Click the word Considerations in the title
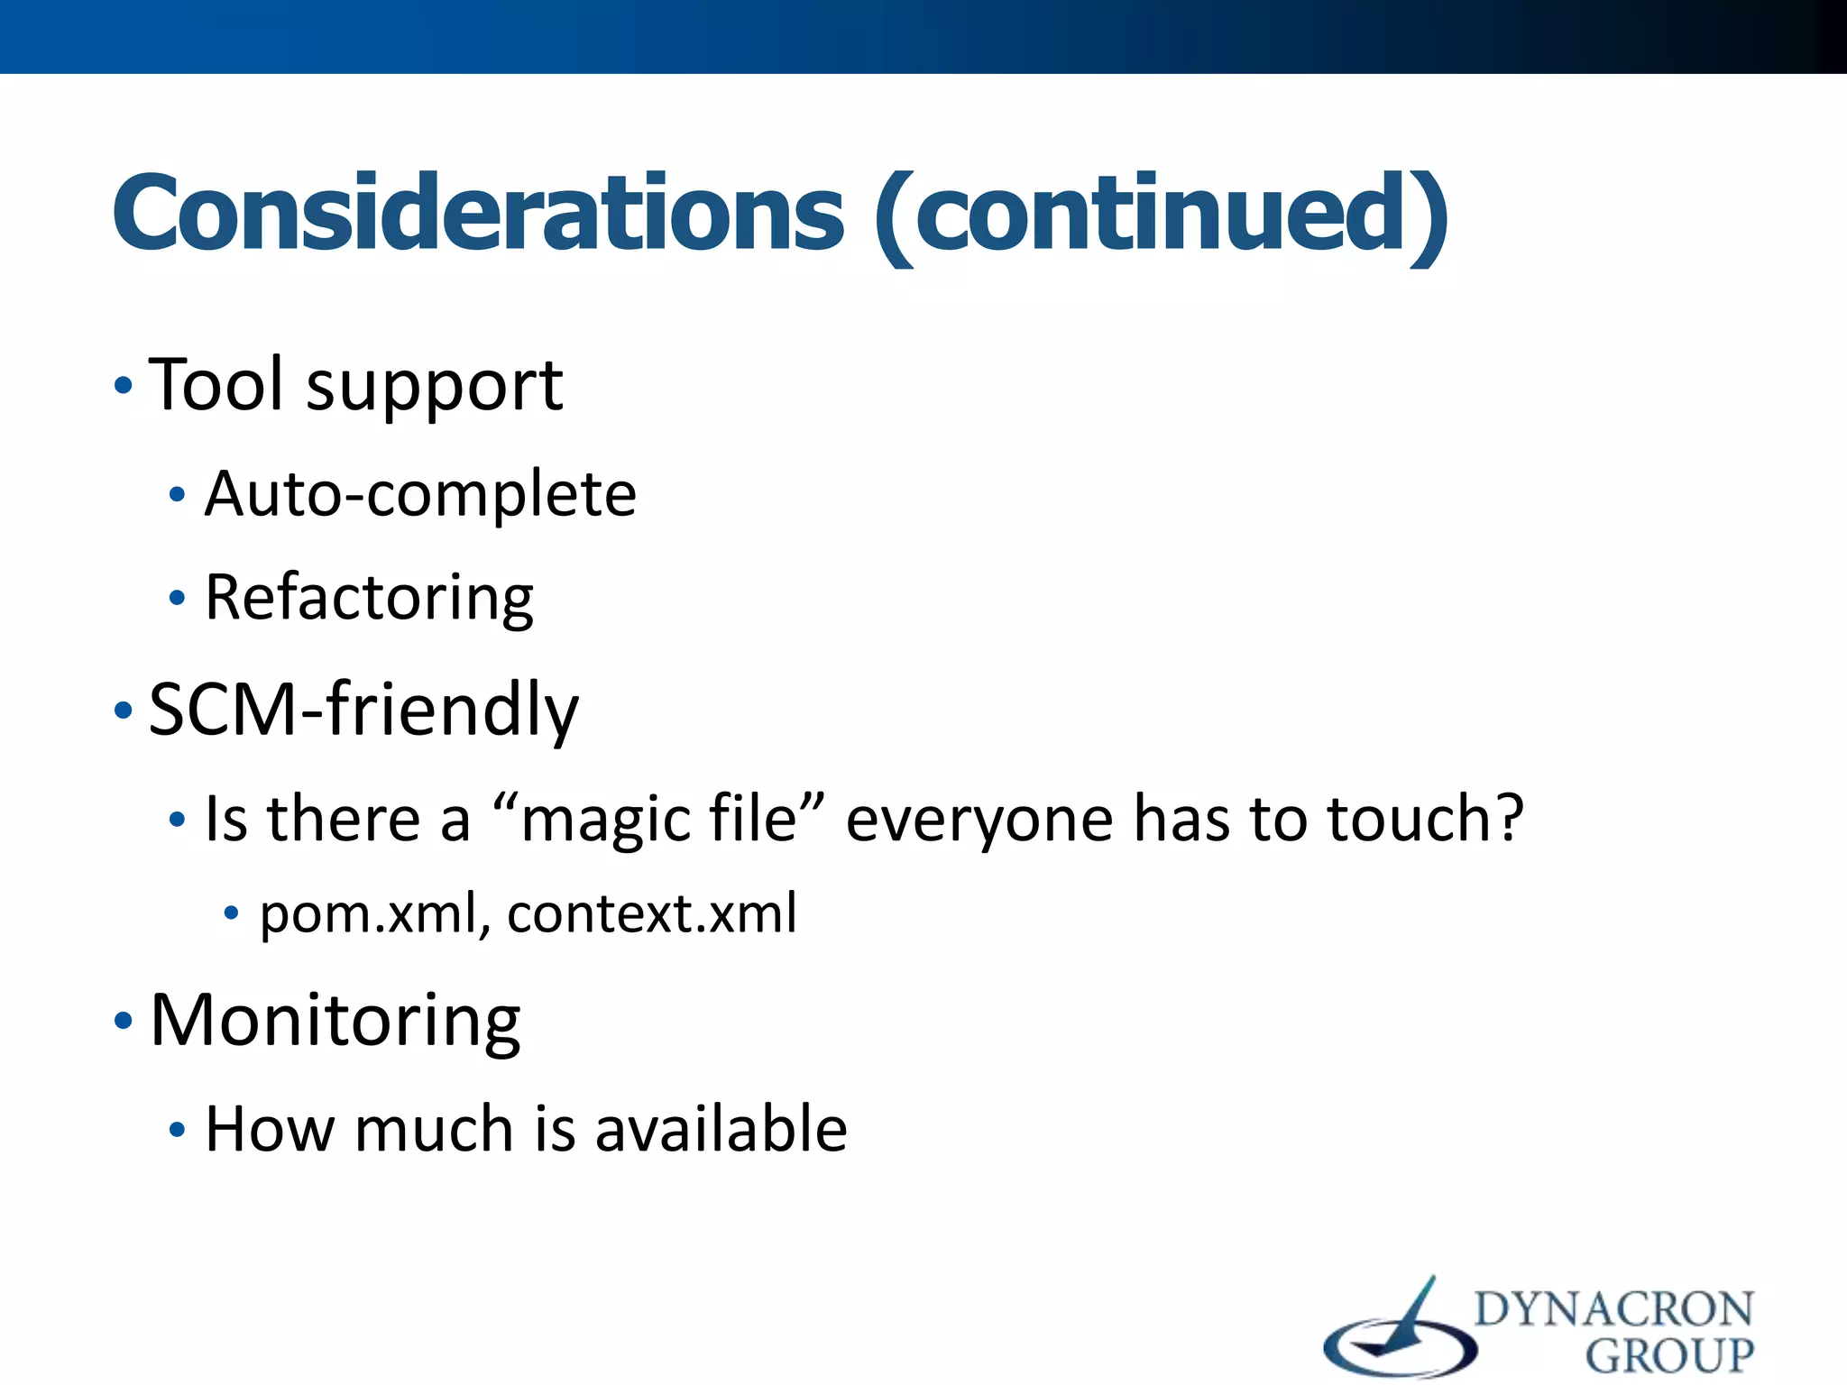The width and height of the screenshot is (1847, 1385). [478, 213]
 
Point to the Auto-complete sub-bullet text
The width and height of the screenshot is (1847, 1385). [420, 494]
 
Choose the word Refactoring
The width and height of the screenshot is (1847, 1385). [369, 598]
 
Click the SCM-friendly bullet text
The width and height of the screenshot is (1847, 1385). [363, 711]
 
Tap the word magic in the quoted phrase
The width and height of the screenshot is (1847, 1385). [604, 821]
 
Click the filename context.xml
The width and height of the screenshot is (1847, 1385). [652, 913]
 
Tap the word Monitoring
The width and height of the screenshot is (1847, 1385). [335, 1021]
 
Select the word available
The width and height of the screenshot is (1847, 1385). [721, 1129]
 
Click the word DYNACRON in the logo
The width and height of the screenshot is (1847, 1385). [1613, 1310]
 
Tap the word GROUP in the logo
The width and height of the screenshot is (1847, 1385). [1669, 1355]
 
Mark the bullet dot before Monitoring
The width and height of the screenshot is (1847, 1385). [124, 1022]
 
